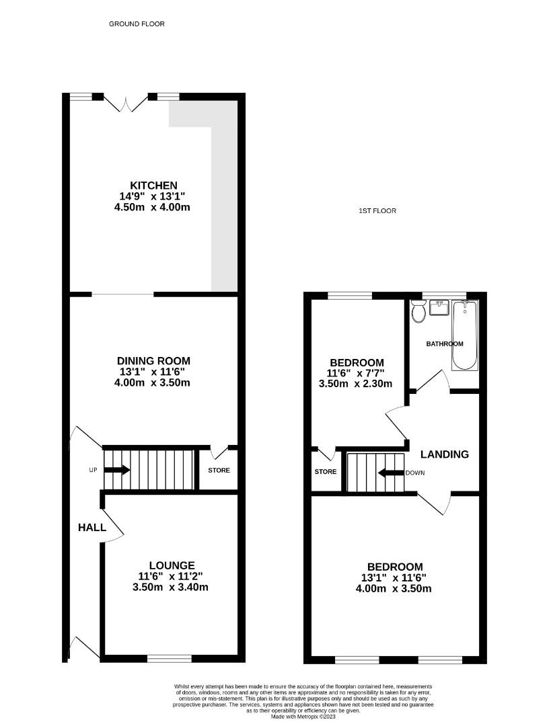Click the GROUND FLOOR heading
point(137,24)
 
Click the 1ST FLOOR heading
point(377,211)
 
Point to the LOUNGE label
point(172,566)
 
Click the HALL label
point(91,528)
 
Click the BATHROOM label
point(445,344)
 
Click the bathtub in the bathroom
point(464,335)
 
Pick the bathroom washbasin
point(440,309)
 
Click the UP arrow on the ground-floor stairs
point(116,470)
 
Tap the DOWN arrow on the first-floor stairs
point(390,473)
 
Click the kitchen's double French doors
point(126,103)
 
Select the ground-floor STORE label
point(219,471)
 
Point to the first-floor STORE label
point(326,472)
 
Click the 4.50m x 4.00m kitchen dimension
point(153,208)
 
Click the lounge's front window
point(169,658)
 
